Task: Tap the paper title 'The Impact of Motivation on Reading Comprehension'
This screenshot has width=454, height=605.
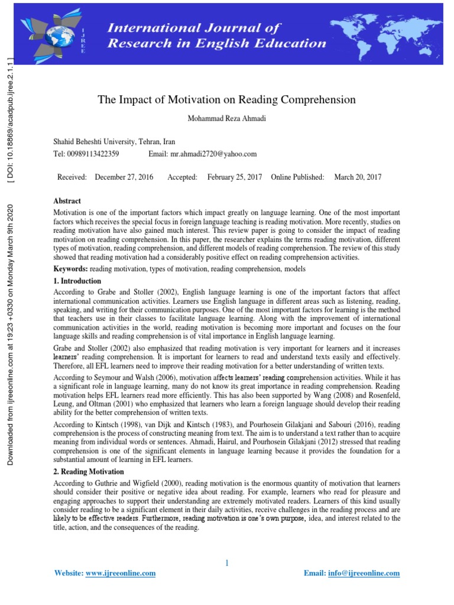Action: [x=227, y=100]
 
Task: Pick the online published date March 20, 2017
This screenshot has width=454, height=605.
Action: [x=358, y=177]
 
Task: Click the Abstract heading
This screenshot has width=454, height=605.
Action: [x=67, y=201]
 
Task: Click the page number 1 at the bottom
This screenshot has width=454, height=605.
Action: [x=226, y=563]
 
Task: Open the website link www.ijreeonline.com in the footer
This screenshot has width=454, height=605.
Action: [x=121, y=573]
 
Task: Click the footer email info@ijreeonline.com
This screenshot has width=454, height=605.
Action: [x=364, y=573]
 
